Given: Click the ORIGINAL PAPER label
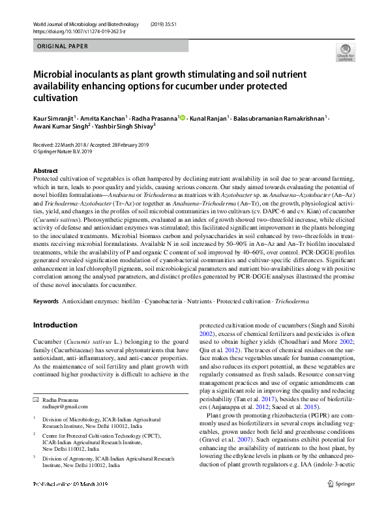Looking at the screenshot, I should pyautogui.click(x=63, y=47).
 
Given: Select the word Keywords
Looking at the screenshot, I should pyautogui.click(x=46, y=301).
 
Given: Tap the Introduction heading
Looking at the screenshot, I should pyautogui.click(x=55, y=325).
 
